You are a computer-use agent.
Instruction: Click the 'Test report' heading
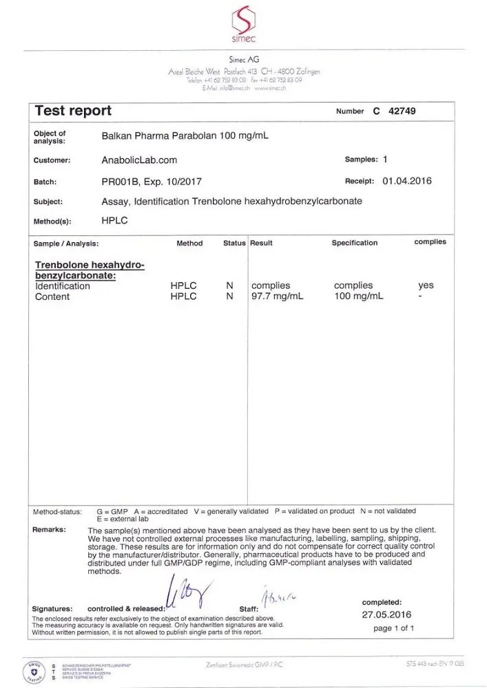(73, 111)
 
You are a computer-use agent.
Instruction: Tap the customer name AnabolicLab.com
(139, 160)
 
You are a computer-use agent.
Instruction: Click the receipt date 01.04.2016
(407, 182)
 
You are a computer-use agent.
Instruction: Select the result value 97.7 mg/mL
(277, 297)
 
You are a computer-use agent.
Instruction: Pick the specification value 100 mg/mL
(359, 297)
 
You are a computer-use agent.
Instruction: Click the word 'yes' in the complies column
(426, 286)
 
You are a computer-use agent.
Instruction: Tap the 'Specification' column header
(355, 243)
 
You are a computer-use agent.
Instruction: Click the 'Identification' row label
(63, 286)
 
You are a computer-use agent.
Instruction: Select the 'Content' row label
(52, 297)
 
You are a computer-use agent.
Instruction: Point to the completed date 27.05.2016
(387, 614)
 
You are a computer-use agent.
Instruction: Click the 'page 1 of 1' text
(393, 628)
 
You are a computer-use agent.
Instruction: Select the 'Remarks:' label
(50, 530)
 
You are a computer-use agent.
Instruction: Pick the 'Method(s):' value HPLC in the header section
(114, 222)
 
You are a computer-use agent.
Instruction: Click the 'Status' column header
(234, 243)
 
